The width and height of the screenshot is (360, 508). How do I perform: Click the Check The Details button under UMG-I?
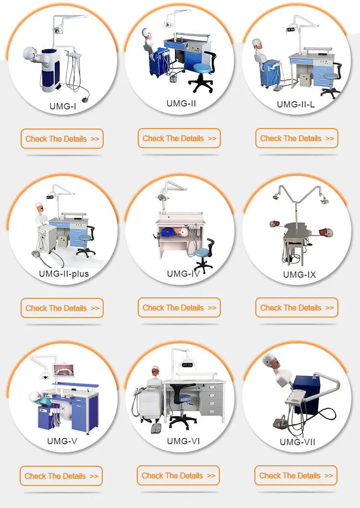click(62, 139)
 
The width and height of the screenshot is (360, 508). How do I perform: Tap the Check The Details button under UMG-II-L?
click(297, 138)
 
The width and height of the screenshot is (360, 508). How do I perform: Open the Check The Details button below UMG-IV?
click(179, 307)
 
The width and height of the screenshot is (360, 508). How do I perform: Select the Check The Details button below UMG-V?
click(61, 476)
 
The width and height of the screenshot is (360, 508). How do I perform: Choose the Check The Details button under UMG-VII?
click(296, 475)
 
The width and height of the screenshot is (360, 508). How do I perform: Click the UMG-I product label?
click(63, 106)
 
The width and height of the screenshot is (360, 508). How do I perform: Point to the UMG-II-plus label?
click(64, 274)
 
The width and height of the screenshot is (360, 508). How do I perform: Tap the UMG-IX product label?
click(300, 275)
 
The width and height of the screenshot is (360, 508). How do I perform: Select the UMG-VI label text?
click(183, 441)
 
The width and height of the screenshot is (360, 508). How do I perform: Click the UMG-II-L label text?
click(296, 104)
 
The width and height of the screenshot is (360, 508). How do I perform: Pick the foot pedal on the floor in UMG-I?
click(85, 99)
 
